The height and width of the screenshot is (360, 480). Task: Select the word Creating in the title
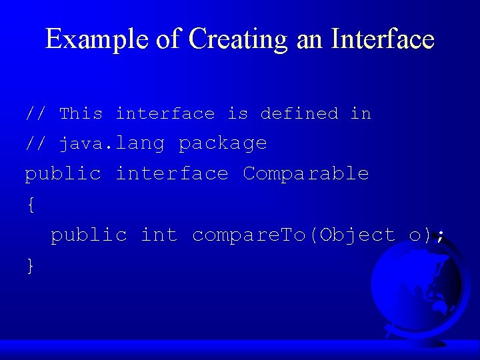point(238,39)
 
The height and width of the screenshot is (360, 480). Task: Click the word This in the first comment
point(81,113)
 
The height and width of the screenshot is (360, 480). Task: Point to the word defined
point(299,113)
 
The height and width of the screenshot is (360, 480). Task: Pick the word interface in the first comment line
point(165,113)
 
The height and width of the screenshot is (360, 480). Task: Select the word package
point(223,144)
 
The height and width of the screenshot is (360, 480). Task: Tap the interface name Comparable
point(305,173)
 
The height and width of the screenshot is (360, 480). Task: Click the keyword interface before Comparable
point(171,173)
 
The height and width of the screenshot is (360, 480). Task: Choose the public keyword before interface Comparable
point(63,173)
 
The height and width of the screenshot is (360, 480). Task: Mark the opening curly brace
point(30,205)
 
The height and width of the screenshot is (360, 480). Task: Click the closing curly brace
point(30,265)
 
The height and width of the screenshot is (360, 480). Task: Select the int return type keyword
point(159,235)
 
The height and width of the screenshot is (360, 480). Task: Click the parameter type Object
point(357,235)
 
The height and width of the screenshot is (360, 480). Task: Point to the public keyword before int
point(89,235)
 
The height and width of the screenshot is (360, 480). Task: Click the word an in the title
point(308,39)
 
